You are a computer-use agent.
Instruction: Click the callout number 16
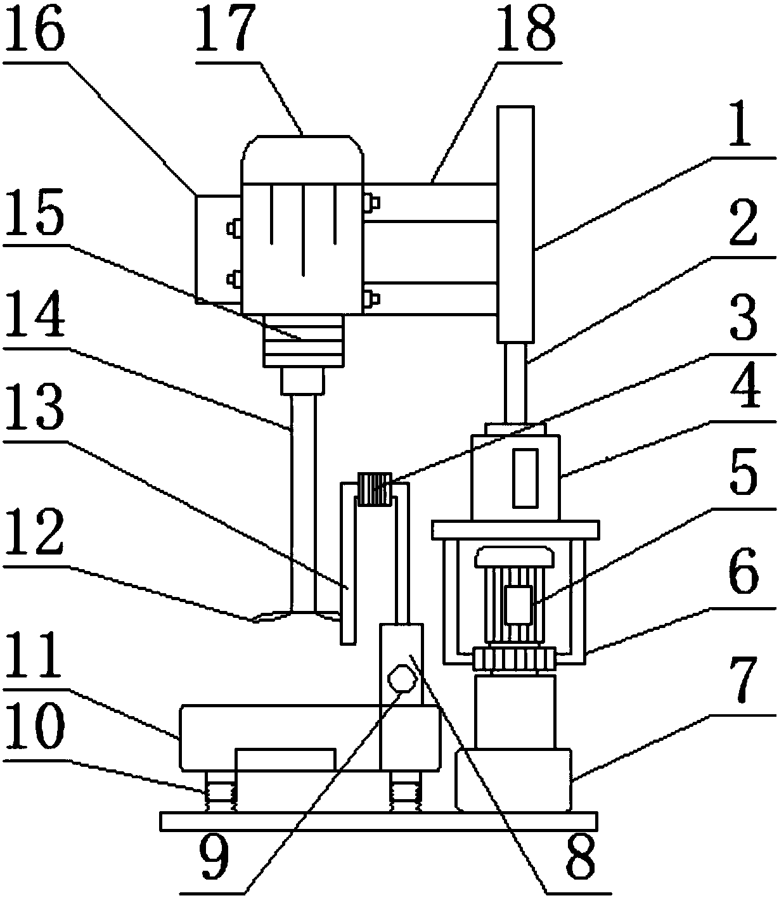[x=34, y=29]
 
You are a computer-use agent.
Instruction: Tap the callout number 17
[x=225, y=29]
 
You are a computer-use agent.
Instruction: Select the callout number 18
[x=527, y=29]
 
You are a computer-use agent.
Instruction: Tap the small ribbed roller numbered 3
[x=375, y=489]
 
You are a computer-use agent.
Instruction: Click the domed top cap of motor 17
[x=302, y=159]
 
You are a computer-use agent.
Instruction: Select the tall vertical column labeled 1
[x=516, y=224]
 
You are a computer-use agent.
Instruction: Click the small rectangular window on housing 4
[x=525, y=478]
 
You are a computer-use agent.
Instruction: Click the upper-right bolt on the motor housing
[x=371, y=203]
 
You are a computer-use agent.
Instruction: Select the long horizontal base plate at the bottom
[x=378, y=821]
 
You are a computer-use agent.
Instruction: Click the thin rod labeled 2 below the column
[x=516, y=383]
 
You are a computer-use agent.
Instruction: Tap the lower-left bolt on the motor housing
[x=234, y=279]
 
